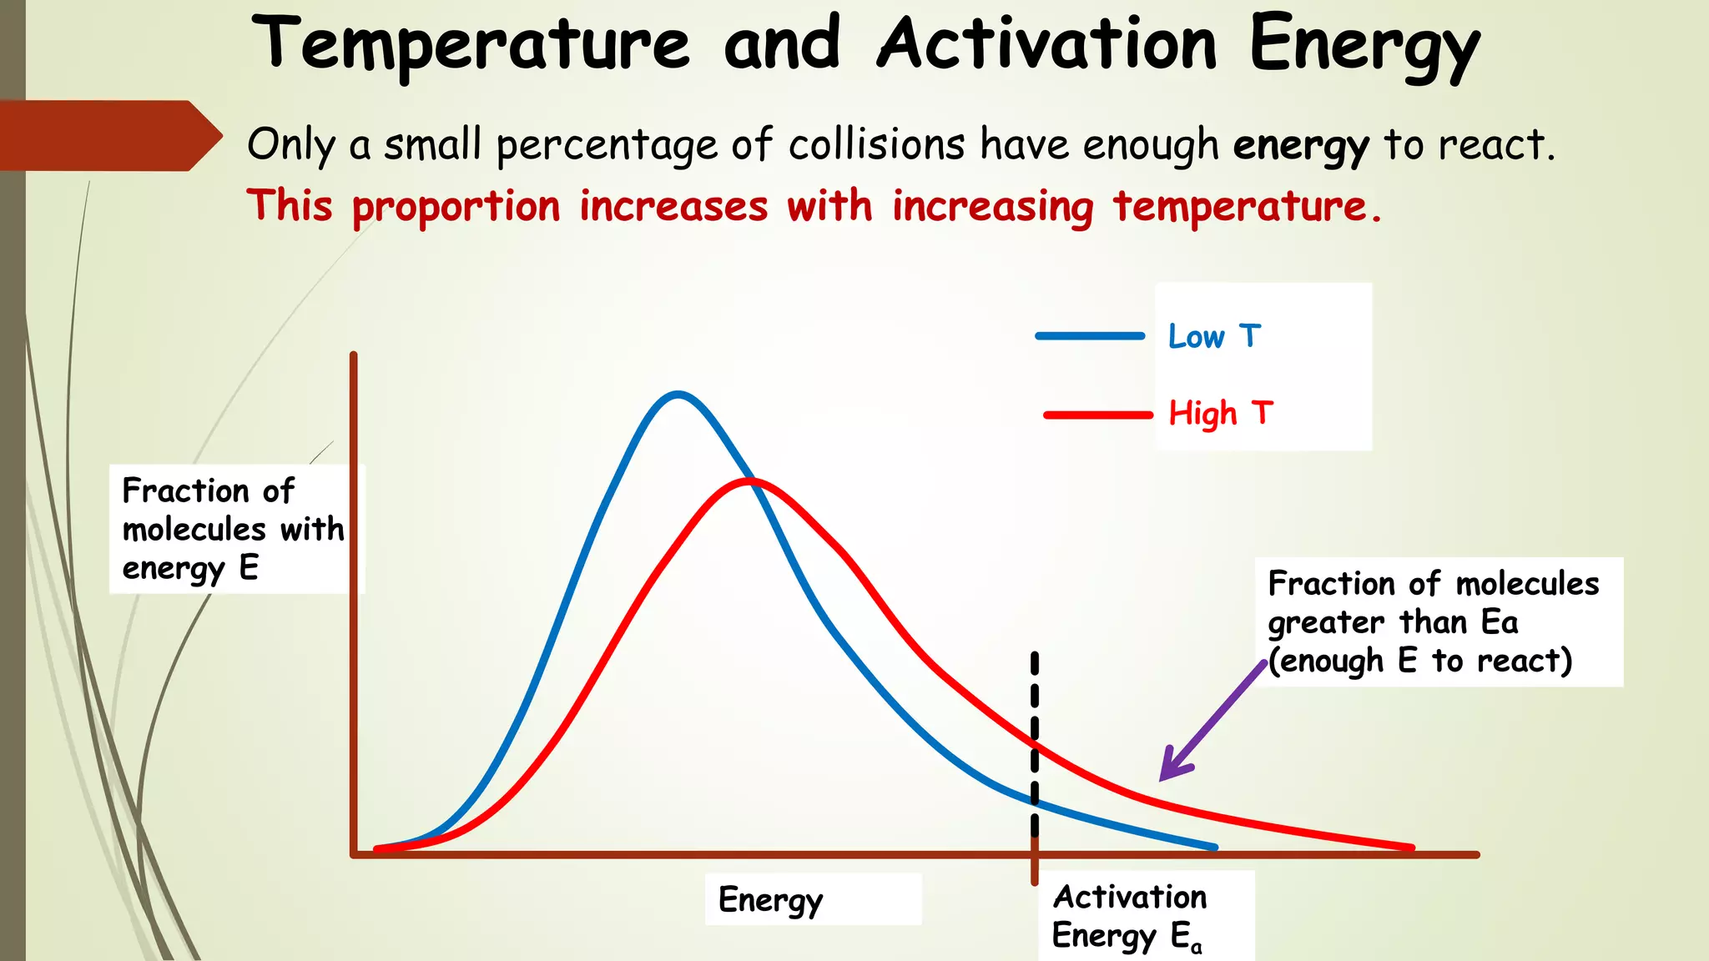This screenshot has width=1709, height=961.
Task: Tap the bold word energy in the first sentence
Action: coord(1301,145)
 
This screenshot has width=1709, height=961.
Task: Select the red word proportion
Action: coord(456,207)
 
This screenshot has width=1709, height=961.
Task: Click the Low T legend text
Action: coord(1214,337)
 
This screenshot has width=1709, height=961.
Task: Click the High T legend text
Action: coord(1220,414)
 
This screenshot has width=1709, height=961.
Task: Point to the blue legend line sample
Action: coord(1090,336)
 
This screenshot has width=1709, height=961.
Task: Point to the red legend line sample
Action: coord(1097,415)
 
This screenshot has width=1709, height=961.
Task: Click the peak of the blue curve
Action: coord(678,393)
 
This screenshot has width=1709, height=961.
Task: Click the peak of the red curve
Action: coord(749,480)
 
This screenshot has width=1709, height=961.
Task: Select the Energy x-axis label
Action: coord(770,900)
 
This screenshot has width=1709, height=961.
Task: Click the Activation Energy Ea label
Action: coord(1129,916)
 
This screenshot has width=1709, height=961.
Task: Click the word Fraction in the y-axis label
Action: coord(185,491)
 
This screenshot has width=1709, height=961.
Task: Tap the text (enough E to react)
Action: coord(1419,661)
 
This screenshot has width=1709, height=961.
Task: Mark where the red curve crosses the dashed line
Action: coord(1035,742)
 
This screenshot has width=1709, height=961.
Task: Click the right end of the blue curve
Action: coord(1214,847)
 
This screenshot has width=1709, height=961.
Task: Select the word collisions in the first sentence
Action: coord(877,145)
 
